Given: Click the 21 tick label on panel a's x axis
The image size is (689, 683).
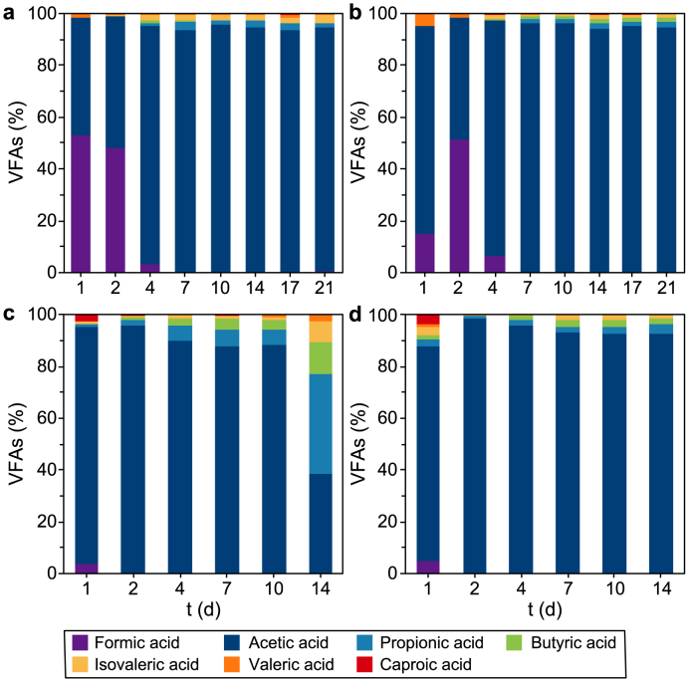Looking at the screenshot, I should [x=325, y=288].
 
